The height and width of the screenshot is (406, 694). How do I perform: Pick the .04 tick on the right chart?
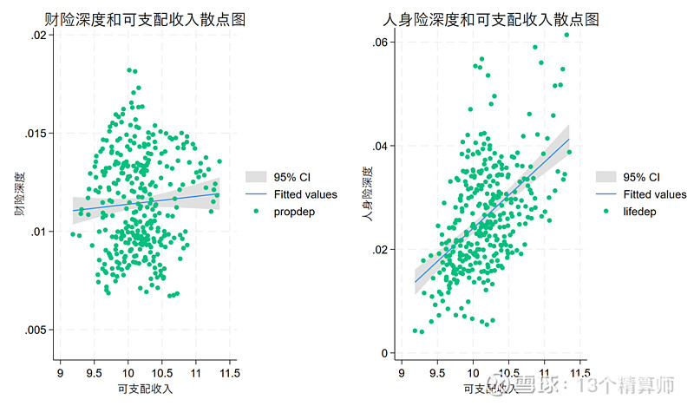coord(378,145)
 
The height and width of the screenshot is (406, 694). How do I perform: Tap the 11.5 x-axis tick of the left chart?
coord(228,373)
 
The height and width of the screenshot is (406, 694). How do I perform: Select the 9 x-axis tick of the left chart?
coord(60,373)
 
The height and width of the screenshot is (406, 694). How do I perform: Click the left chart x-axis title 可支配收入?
coord(144,389)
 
